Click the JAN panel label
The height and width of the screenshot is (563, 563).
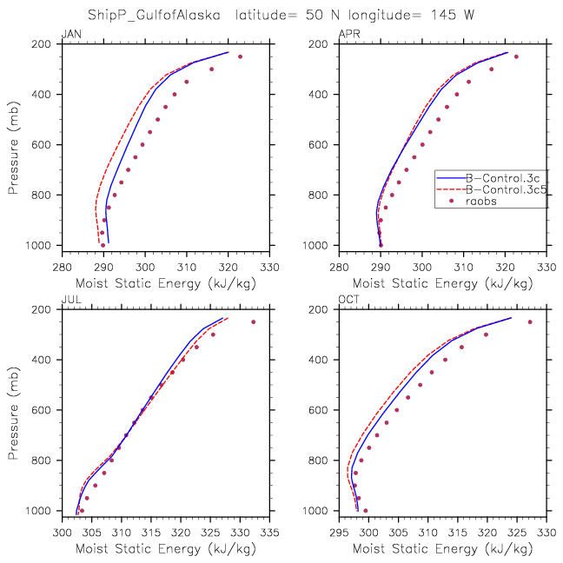tap(70, 34)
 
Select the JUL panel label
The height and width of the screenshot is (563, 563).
tap(70, 300)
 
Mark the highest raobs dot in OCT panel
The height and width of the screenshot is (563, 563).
tap(530, 322)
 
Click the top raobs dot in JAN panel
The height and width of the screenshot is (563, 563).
tap(241, 56)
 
